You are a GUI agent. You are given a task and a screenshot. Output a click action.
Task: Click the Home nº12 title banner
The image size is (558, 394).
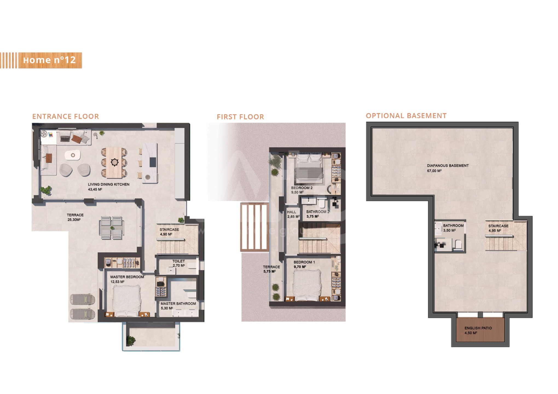[x=50, y=60]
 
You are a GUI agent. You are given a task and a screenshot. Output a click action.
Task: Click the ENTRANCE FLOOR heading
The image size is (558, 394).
[x=65, y=117]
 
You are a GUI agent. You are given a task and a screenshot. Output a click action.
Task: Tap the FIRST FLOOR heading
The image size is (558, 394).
[x=240, y=117]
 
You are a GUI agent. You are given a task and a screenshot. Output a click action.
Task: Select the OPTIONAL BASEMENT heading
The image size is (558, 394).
[x=406, y=116]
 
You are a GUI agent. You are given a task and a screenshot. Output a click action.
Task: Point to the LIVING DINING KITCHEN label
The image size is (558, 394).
[x=109, y=184]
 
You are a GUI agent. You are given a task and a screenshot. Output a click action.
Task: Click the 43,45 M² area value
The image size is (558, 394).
[x=95, y=189]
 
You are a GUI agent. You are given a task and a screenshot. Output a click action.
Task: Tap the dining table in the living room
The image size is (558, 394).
[x=114, y=162]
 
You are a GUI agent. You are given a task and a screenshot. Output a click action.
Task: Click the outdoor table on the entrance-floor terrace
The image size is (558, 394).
[x=112, y=228]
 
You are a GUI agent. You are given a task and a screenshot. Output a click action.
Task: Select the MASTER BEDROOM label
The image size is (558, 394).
[x=127, y=277]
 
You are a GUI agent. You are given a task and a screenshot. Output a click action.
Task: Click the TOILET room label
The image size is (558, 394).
[x=178, y=261]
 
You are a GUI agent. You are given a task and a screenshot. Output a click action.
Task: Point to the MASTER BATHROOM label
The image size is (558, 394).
[x=178, y=303]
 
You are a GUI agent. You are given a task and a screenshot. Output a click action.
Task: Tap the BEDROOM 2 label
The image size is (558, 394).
[x=302, y=188]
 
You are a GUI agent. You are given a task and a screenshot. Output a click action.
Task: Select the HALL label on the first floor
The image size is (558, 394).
[x=291, y=212]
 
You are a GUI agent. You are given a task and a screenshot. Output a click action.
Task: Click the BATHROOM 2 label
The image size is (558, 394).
[x=318, y=212]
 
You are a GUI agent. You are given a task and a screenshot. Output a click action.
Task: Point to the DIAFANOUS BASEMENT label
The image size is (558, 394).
[x=448, y=166]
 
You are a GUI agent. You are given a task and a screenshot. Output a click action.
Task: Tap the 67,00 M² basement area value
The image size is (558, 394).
[x=434, y=171]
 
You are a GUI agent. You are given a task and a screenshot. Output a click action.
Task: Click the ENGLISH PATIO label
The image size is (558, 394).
[x=478, y=328]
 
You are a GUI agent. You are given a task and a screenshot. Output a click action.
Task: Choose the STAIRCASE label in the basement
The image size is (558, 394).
[x=498, y=226]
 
